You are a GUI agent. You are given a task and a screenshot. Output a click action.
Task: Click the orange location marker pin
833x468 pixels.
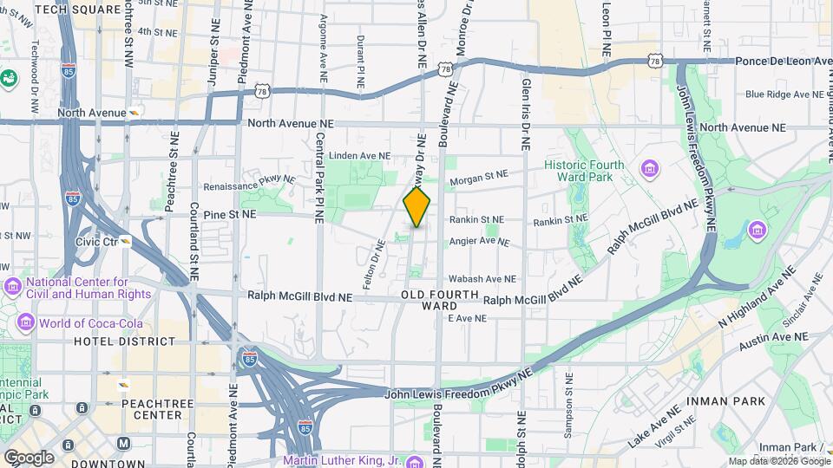pos(416,208)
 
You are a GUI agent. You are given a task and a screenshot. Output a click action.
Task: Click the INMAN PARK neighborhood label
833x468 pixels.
pos(725,401)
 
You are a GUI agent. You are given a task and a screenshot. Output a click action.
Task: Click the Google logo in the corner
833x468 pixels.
pos(28,457)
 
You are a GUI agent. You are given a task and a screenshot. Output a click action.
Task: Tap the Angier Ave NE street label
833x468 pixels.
pos(479,242)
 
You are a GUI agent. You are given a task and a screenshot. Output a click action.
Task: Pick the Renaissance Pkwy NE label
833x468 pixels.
pos(249,185)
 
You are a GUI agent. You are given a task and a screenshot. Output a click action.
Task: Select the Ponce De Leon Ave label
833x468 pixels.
pos(782,62)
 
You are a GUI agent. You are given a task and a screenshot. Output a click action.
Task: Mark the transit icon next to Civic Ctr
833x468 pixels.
pos(126,242)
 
